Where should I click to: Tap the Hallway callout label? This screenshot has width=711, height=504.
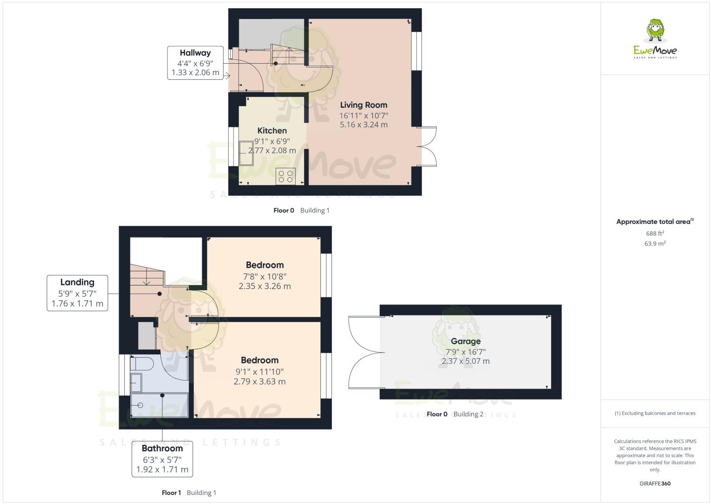point(195,63)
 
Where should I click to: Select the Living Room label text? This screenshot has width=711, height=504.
point(364,105)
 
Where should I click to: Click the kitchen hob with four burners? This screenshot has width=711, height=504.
point(286,176)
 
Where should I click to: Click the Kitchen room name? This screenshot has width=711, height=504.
point(272,131)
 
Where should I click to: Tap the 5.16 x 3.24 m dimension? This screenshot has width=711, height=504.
point(364,125)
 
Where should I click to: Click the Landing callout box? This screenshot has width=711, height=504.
point(77,293)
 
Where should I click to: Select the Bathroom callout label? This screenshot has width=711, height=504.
point(162,458)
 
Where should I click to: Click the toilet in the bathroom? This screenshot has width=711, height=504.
point(141,364)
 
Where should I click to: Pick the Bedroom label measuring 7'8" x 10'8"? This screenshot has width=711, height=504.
point(265,265)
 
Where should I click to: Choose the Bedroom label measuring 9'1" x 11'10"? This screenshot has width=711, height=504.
point(260,360)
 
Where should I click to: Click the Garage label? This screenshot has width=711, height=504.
point(466,341)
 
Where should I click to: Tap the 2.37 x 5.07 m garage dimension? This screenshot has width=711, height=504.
point(466,361)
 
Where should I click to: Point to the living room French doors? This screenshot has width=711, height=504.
point(427,146)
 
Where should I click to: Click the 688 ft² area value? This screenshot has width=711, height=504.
point(655,233)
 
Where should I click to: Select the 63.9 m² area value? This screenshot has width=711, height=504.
point(655,244)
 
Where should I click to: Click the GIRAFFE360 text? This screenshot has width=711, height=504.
point(655,484)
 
